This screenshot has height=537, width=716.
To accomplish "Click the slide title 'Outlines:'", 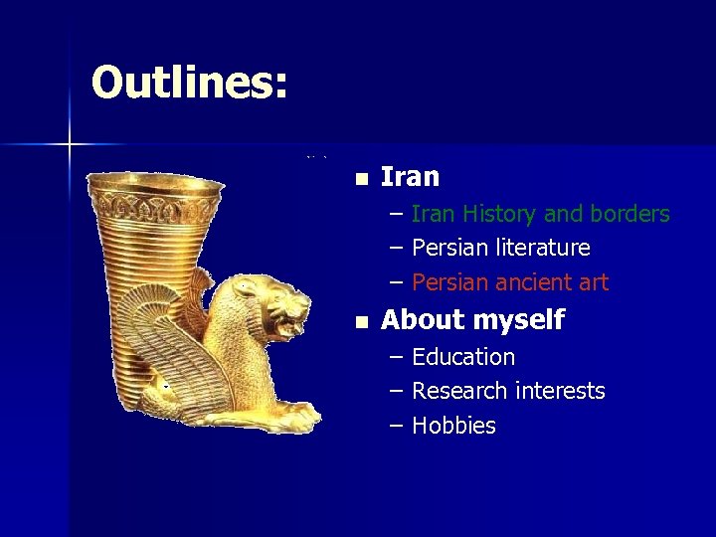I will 189,83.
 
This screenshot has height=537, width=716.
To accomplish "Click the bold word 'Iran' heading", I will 410,177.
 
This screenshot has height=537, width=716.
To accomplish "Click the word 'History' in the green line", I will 498,214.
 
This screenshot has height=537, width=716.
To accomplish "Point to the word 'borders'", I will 628,214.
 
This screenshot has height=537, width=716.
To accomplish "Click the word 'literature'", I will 538,248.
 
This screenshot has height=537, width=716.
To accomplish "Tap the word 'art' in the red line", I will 593,282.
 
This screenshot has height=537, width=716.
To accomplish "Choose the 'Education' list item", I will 462,356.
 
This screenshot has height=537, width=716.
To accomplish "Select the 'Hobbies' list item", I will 453,426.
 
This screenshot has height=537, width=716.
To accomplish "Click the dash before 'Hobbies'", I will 397,426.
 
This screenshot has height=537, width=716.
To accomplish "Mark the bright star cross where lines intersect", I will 70,145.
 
